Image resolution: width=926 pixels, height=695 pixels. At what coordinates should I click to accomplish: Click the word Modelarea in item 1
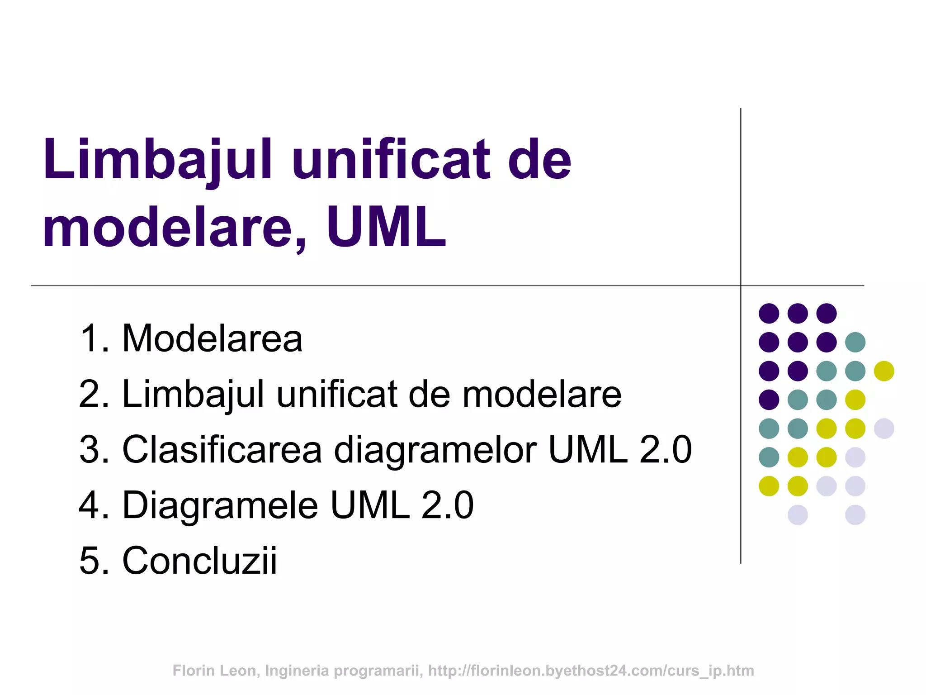[x=212, y=338]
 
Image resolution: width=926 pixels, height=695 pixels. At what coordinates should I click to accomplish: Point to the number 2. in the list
[x=94, y=394]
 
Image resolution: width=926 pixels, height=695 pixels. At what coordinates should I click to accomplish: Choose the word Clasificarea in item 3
[x=222, y=449]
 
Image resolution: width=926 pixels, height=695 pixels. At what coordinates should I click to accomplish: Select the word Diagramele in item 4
[x=220, y=505]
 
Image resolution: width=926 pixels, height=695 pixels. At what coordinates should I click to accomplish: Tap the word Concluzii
[x=199, y=561]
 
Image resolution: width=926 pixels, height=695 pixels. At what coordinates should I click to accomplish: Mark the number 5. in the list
[x=94, y=561]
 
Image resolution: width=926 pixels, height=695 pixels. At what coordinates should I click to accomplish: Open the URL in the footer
[x=591, y=671]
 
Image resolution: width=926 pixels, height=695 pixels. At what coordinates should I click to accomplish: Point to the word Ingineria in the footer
[x=297, y=671]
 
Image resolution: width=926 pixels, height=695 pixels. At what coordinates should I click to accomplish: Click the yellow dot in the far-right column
[x=884, y=371]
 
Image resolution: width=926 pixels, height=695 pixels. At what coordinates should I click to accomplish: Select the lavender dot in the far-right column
[x=884, y=428]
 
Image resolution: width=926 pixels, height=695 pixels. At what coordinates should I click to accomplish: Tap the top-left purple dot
[x=769, y=313]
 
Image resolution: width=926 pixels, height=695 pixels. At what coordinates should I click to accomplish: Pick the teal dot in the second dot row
[x=855, y=342]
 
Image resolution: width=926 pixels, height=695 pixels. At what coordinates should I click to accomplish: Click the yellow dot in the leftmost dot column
[x=769, y=486]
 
